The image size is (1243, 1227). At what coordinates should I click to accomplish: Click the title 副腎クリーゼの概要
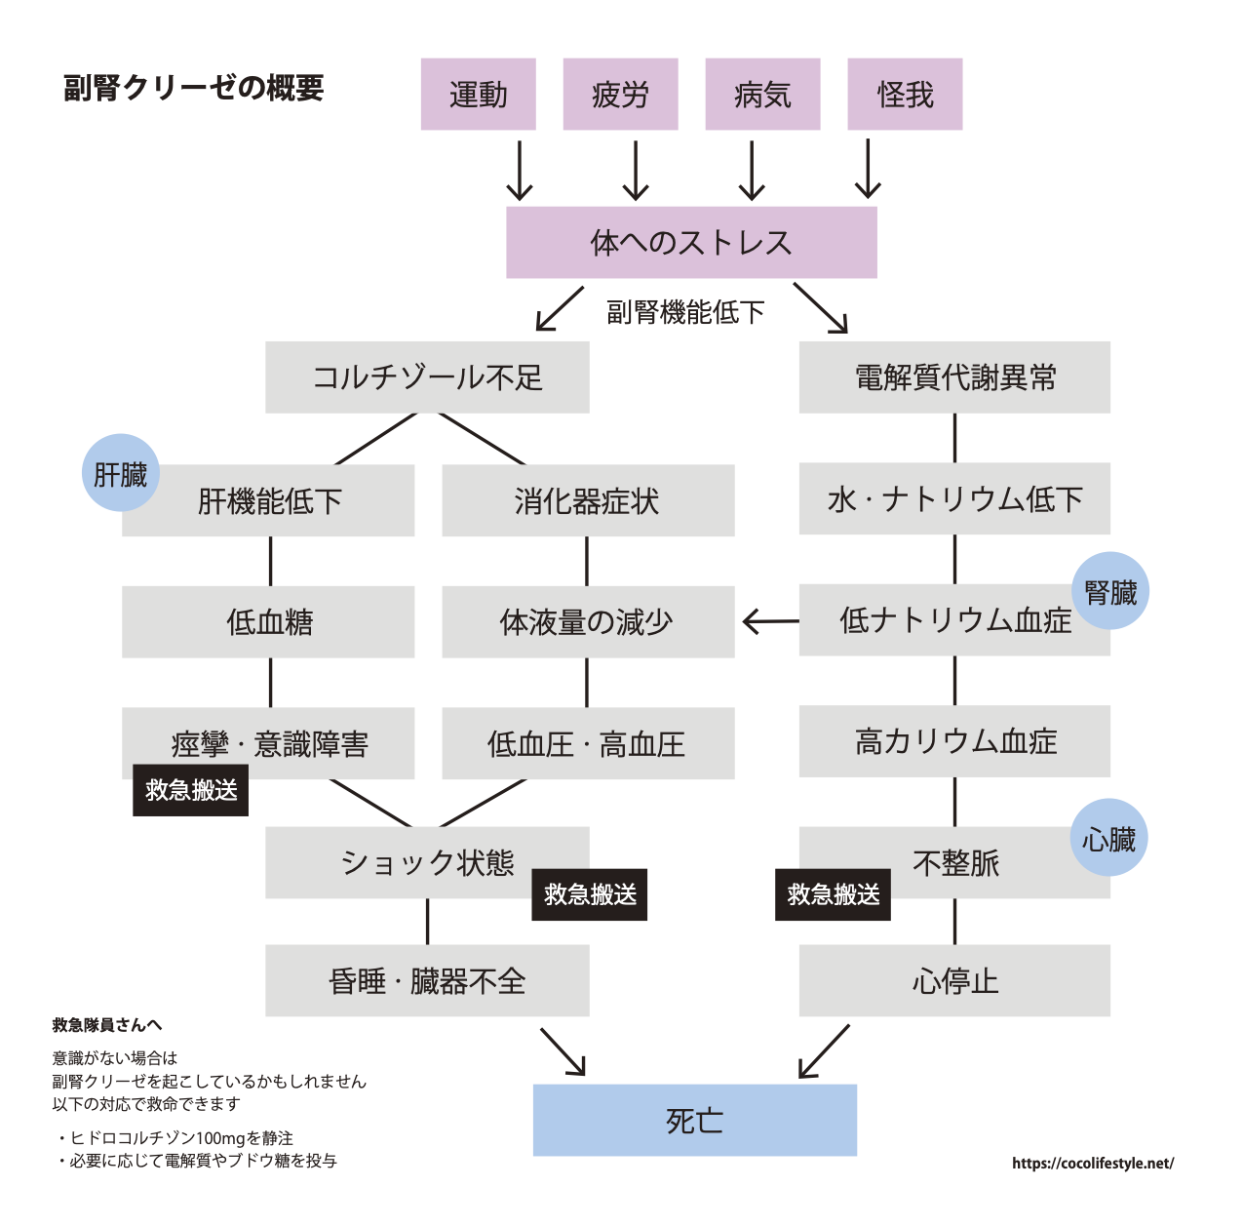[193, 89]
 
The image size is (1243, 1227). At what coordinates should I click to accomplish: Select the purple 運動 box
[478, 94]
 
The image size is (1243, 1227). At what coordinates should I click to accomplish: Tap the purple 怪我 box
[905, 94]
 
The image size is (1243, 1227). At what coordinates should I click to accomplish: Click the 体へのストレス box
[691, 242]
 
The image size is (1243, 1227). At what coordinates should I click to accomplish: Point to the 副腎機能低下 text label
[685, 312]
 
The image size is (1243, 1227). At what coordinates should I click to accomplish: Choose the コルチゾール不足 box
[427, 377]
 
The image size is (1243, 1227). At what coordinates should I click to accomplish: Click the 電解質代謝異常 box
[954, 377]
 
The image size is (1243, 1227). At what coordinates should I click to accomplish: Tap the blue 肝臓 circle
[120, 473]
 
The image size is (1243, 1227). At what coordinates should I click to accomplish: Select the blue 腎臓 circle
[1110, 591]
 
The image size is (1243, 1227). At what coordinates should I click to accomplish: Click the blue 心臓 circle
[1109, 839]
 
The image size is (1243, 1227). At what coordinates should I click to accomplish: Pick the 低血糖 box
[268, 621]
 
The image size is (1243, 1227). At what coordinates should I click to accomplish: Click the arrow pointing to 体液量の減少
[769, 621]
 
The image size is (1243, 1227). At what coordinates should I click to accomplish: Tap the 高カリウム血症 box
[954, 742]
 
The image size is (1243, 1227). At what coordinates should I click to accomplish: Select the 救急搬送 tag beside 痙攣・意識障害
[191, 790]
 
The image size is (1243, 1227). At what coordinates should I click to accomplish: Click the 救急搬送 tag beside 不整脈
[833, 894]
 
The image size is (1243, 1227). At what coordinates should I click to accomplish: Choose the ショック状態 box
[427, 862]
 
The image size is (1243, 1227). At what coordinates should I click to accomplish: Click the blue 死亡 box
[694, 1120]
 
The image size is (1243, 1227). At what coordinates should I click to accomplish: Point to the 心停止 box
[954, 980]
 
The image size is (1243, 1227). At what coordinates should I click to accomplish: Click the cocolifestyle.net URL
[1093, 1163]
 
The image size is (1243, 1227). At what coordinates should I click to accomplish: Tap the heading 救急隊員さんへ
[107, 1024]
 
